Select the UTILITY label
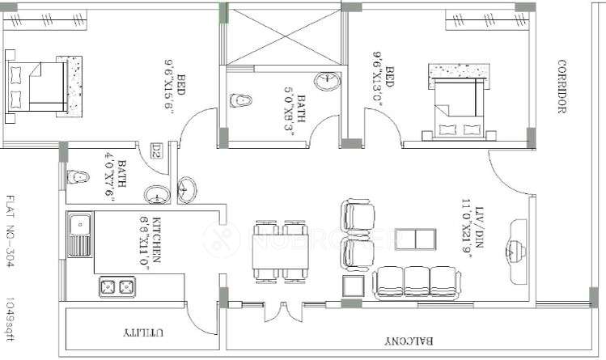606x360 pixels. coord(145,332)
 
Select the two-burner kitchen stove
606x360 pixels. coord(115,286)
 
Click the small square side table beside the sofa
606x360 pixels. coord(354,286)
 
